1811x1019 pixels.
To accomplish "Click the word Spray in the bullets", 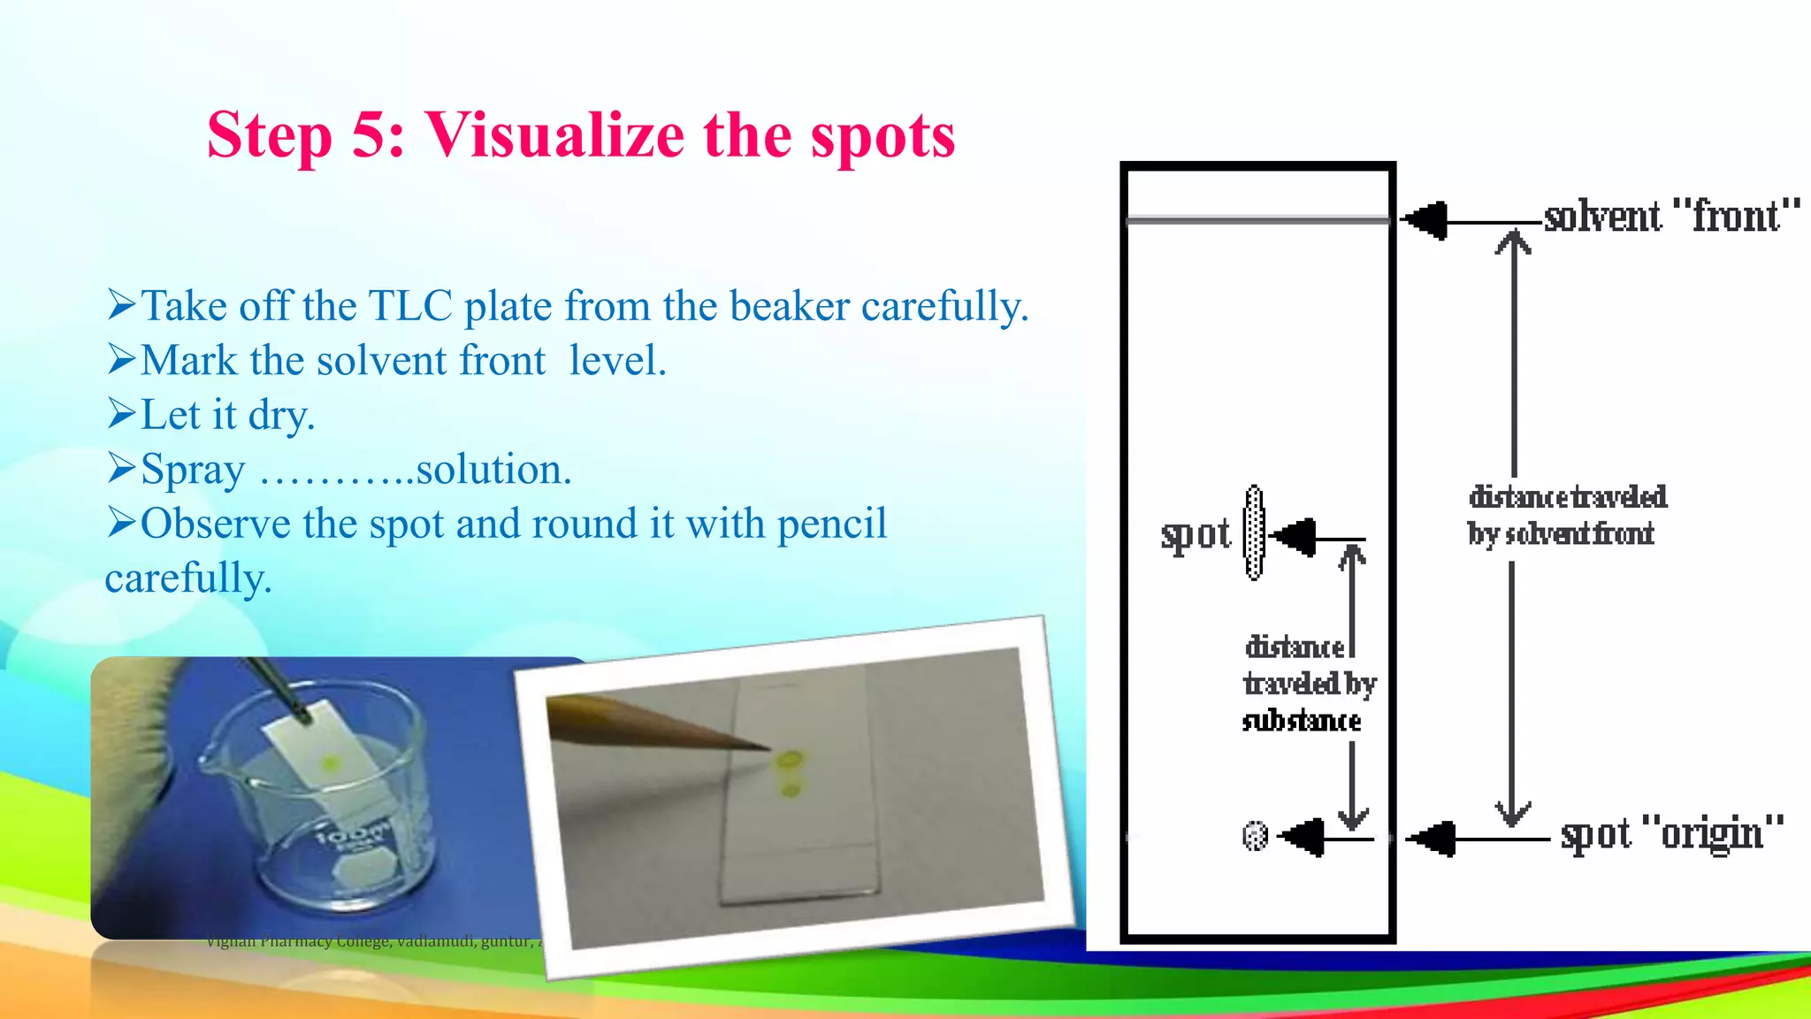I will coord(193,470).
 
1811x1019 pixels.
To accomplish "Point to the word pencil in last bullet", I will coord(831,524).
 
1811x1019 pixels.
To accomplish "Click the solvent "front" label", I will coord(1671,217).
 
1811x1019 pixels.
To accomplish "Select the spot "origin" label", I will coord(1671,834).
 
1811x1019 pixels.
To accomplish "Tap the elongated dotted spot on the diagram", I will coord(1254,532).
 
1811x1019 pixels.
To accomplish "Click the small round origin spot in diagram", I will coord(1255,835).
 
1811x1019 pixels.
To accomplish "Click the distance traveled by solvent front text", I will coord(1565,515).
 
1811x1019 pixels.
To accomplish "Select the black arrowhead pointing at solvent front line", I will coord(1426,220).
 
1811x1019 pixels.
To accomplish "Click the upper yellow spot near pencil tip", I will coord(790,758).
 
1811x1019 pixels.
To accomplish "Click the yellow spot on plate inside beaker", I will coord(331,762).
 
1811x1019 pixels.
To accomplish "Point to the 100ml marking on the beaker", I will coord(354,835).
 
